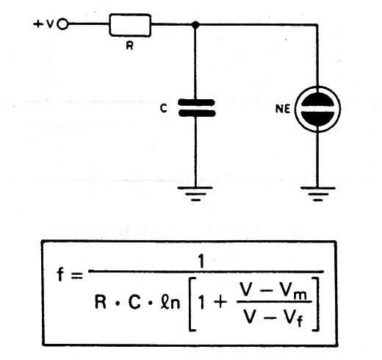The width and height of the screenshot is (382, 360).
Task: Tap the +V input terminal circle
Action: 63,24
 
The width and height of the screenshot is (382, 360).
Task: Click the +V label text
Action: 43,24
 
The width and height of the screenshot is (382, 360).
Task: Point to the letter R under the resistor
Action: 129,46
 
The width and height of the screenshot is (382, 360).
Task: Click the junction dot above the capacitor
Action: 195,24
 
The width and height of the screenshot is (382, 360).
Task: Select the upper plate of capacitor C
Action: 196,103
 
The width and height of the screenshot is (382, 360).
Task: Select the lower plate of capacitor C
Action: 197,113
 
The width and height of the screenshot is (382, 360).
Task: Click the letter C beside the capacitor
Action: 164,108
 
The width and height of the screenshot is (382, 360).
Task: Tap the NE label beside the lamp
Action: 283,109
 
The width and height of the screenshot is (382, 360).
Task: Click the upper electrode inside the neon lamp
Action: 317,101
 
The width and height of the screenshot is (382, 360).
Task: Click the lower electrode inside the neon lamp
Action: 317,118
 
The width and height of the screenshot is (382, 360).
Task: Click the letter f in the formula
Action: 60,274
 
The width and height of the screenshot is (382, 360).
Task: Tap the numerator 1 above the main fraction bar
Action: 201,262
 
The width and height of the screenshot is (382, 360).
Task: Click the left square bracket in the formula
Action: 192,304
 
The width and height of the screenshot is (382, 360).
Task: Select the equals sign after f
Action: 76,276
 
